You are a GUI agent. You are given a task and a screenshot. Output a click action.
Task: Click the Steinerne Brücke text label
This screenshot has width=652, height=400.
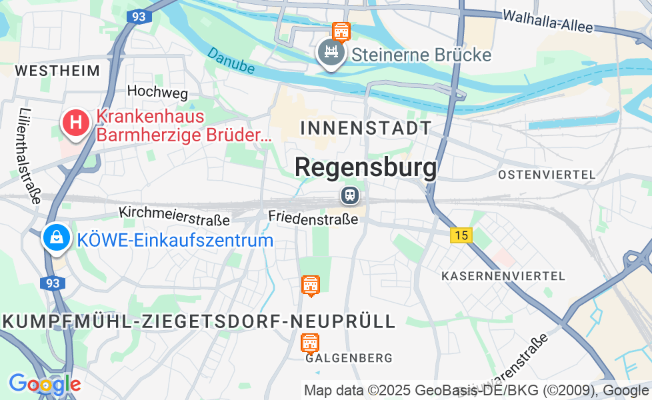421,55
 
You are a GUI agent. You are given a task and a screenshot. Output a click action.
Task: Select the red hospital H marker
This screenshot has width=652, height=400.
77,123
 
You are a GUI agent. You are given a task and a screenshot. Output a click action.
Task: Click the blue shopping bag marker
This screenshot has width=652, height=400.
57,237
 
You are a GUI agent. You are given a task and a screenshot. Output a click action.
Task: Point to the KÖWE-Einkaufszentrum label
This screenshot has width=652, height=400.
175,241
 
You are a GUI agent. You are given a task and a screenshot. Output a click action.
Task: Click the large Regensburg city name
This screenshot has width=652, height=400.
366,167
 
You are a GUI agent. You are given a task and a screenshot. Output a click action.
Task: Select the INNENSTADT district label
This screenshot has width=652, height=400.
366,128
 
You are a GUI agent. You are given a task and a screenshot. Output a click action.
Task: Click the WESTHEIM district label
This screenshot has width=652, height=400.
57,71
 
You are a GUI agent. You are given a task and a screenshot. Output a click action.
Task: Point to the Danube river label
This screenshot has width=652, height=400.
231,60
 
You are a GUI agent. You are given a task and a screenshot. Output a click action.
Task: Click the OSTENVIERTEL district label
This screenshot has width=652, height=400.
547,175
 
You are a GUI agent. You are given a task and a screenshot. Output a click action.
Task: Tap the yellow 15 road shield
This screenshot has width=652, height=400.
461,235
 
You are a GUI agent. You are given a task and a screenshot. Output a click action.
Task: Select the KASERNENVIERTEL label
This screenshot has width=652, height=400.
503,275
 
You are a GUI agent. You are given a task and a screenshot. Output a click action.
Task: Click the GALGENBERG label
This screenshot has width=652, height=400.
349,359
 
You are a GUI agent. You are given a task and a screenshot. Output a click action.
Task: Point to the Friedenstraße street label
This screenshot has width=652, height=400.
313,217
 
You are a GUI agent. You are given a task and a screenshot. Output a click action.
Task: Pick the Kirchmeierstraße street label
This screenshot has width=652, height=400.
175,215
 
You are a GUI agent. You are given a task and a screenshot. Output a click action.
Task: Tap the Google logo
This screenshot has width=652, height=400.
44,383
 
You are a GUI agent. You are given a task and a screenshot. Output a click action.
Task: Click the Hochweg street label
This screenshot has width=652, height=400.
157,92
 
